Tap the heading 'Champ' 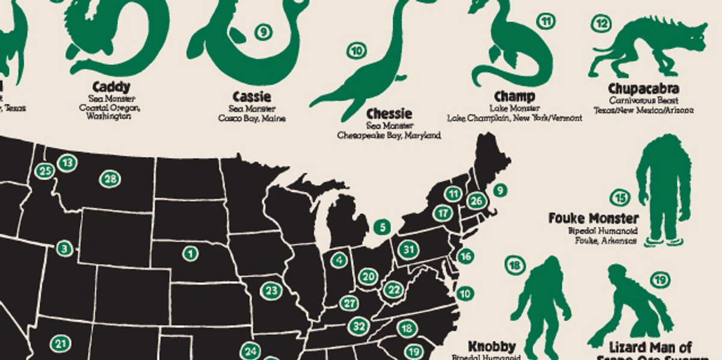[514, 96]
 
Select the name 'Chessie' [389, 114]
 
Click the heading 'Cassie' [251, 97]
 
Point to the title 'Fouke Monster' [593, 218]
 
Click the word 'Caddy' [112, 87]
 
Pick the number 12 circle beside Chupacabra [600, 24]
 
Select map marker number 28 [110, 179]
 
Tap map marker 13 [67, 163]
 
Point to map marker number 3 [64, 248]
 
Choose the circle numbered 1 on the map [191, 253]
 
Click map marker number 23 [271, 291]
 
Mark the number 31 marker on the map [409, 249]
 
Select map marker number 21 [60, 344]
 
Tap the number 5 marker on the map [381, 228]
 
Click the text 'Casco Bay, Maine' [251, 119]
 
